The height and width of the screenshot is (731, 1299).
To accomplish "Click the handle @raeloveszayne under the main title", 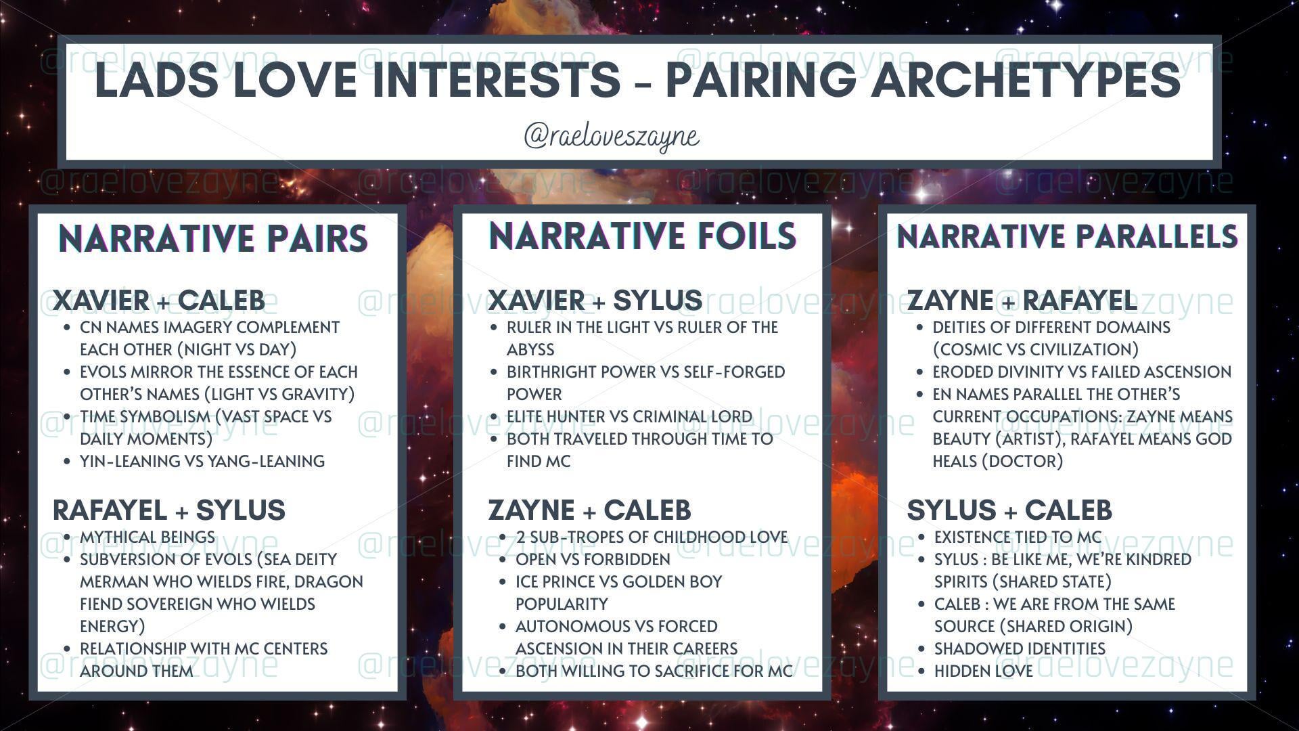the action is point(612,136).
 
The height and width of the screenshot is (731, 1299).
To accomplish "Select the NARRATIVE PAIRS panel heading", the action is point(213,238).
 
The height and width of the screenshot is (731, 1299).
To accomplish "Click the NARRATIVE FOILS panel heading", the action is point(642,236).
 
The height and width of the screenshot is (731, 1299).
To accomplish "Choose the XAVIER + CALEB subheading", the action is point(159,300).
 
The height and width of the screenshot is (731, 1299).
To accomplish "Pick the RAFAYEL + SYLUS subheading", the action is point(169,510).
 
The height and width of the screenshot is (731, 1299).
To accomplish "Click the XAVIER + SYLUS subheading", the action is point(595,300).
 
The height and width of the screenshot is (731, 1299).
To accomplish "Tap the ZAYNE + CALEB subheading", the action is point(589,510).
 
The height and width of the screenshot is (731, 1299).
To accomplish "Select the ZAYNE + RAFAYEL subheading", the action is point(1022,300).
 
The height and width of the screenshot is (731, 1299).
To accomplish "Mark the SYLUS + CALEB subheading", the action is point(1009,510).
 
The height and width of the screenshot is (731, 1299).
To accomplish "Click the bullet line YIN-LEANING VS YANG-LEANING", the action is point(202,461).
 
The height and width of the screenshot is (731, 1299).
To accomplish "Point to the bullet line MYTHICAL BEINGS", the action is point(147,537).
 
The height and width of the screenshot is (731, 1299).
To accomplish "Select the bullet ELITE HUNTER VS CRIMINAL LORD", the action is point(629,416).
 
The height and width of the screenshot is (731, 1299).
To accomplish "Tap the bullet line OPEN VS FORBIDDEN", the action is point(593,559).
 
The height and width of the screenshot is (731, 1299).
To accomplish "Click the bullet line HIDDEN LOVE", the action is point(984,671).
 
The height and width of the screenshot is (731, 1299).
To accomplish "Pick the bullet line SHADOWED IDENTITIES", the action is point(1020,648).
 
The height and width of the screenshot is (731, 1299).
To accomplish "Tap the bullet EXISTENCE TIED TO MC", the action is point(1018,537).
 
